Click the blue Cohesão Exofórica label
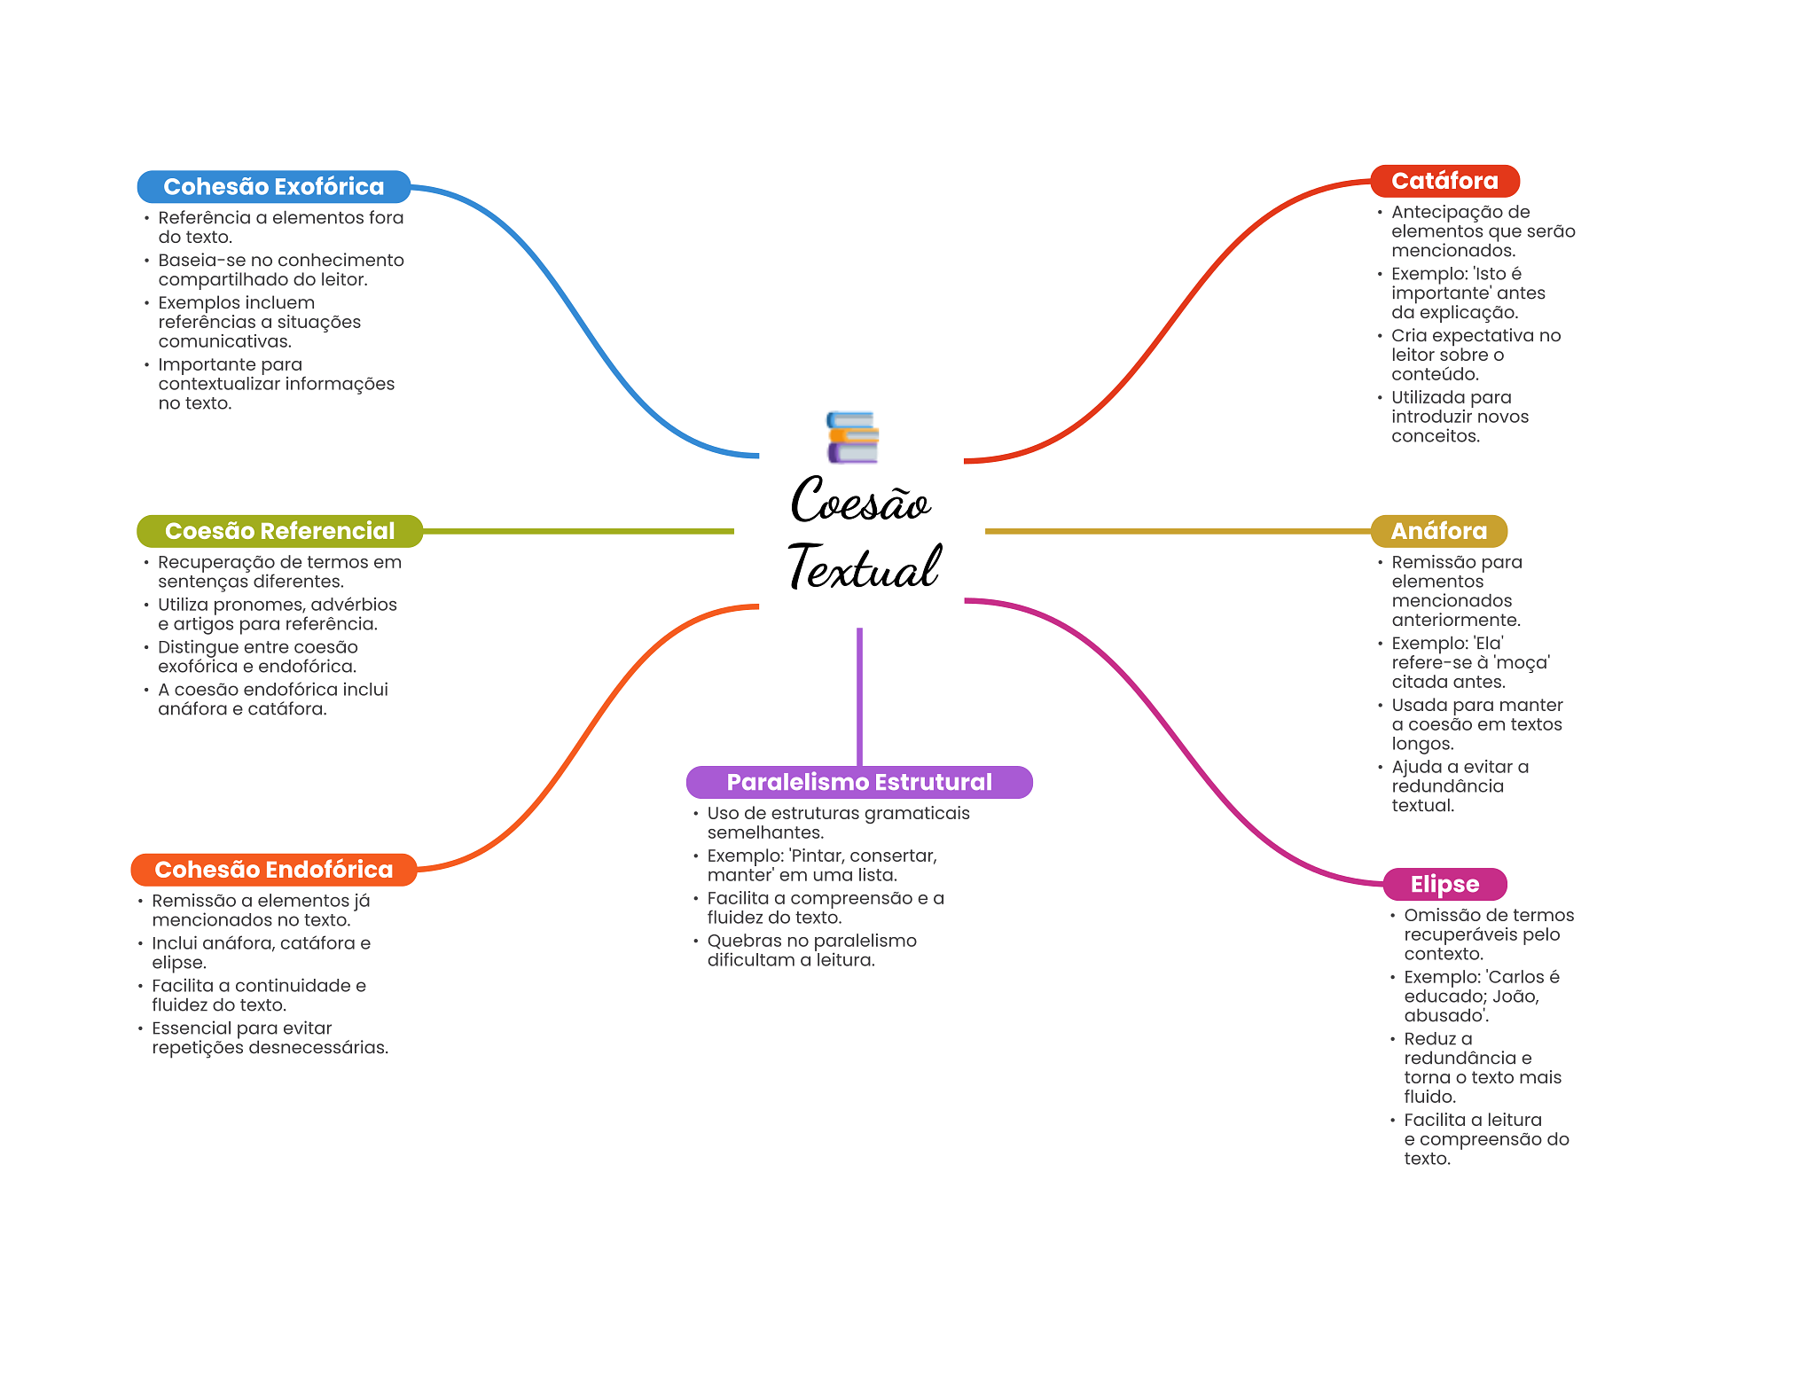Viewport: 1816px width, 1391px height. (x=273, y=186)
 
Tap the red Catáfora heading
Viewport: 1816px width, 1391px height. (x=1444, y=181)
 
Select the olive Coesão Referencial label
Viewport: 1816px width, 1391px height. (x=279, y=531)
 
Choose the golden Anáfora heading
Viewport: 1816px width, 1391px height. (x=1438, y=531)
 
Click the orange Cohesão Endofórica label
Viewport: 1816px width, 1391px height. (x=273, y=870)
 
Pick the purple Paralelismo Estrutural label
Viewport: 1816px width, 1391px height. (x=859, y=782)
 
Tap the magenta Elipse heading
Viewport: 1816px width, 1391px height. (x=1444, y=884)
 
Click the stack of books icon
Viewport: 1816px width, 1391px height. (x=852, y=437)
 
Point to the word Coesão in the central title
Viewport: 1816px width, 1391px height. (x=860, y=501)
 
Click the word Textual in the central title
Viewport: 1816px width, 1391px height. (x=864, y=567)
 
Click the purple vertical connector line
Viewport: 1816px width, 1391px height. (x=859, y=697)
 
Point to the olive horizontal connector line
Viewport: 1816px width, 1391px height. (x=578, y=531)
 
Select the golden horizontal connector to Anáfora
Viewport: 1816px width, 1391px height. (x=1178, y=531)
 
